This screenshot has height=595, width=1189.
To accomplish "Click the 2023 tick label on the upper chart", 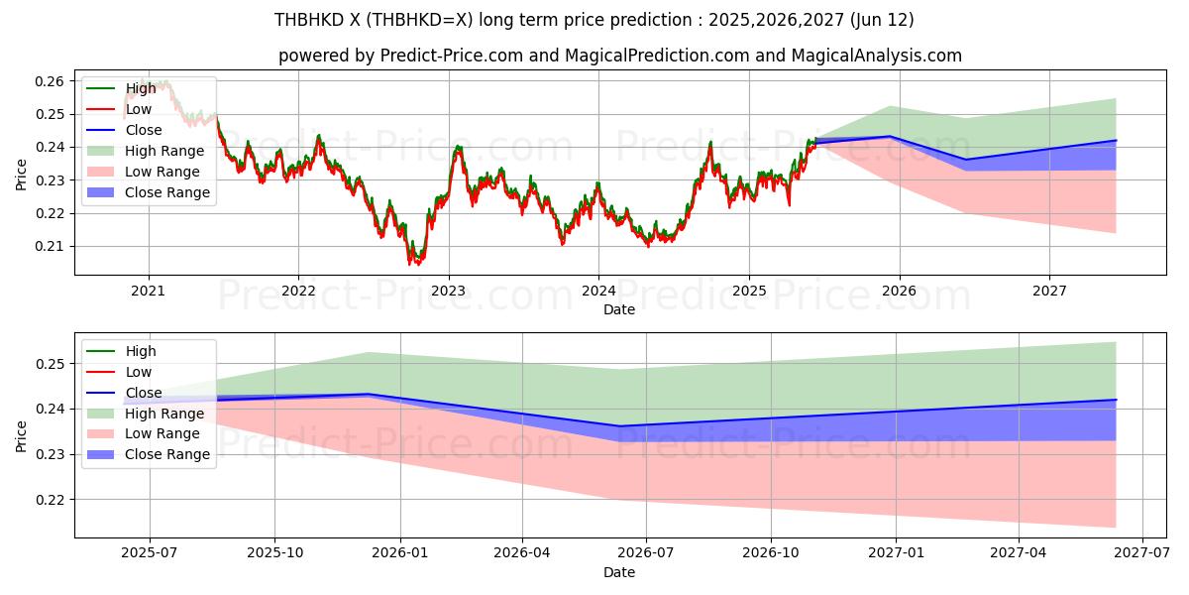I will pyautogui.click(x=448, y=291).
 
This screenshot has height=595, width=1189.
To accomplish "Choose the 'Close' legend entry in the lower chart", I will pyautogui.click(x=144, y=393).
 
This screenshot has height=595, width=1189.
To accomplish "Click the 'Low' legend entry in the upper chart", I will pyautogui.click(x=139, y=109).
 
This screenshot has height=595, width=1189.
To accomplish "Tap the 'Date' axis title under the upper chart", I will pyautogui.click(x=619, y=309).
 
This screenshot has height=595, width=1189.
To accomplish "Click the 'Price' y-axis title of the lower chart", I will pyautogui.click(x=22, y=435).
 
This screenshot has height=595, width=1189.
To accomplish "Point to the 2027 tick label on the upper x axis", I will pyautogui.click(x=1049, y=291).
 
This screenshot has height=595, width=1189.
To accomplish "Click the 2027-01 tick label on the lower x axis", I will pyautogui.click(x=896, y=553).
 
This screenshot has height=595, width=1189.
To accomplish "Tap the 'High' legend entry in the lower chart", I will pyautogui.click(x=140, y=351).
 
